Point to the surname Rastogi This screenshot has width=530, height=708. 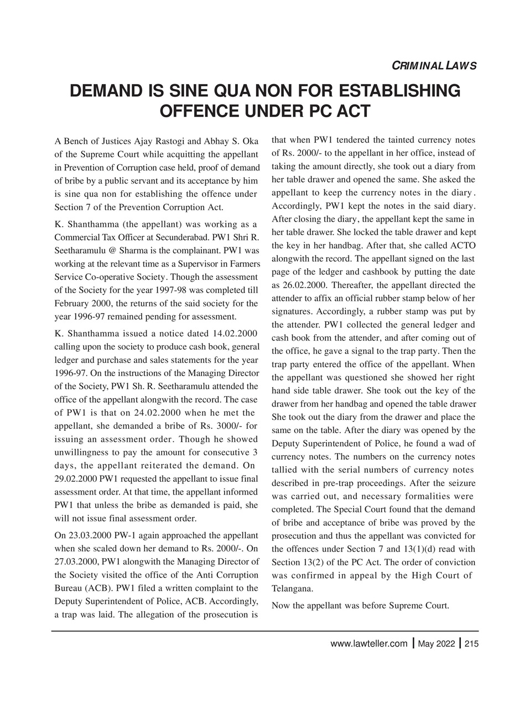[153, 140]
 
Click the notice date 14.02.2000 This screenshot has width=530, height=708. [235, 333]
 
